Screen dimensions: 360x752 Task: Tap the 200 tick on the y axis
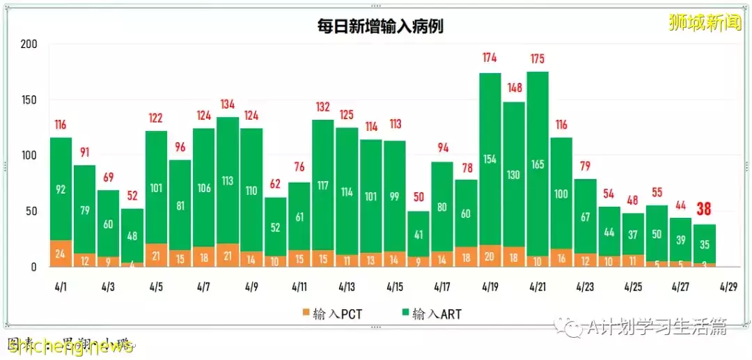pos(29,44)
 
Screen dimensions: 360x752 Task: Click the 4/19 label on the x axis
pos(489,286)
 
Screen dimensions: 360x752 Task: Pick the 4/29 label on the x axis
pos(728,286)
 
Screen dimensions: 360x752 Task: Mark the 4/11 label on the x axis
pos(299,286)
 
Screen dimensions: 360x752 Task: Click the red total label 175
pos(538,58)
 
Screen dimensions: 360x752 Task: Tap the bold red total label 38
pos(705,210)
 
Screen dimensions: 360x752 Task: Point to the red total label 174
pos(490,59)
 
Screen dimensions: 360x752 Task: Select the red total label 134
pos(228,104)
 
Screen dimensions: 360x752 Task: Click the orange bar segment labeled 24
pos(61,253)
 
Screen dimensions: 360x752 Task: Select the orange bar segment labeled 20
pos(490,256)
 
